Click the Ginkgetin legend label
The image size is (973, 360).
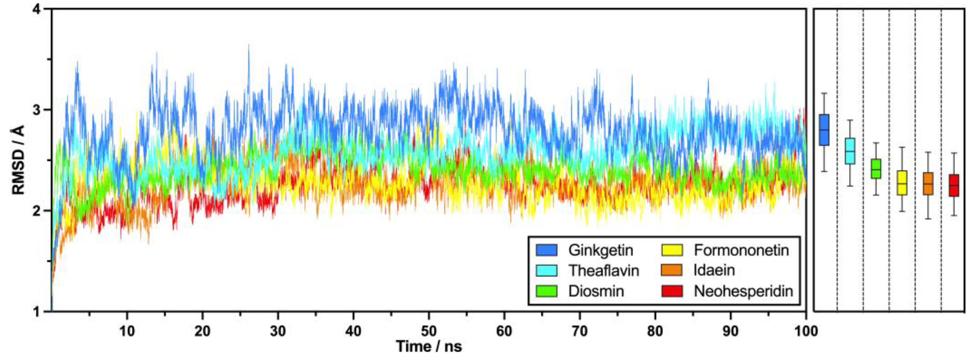pos(600,250)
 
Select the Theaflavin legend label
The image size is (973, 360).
pos(603,271)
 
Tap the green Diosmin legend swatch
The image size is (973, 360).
pos(546,291)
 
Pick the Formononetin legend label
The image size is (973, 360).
pos(741,250)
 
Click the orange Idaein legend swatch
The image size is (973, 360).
pos(672,271)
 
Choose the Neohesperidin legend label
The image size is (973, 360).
pos(743,291)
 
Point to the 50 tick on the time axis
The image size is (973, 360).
pos(429,331)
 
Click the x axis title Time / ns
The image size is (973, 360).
pos(429,346)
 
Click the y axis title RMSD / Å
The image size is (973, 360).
pos(18,160)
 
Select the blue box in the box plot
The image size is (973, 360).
pos(824,130)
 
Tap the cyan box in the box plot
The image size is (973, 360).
pos(850,151)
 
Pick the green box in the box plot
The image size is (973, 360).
pos(876,169)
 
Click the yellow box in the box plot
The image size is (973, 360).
pos(902,183)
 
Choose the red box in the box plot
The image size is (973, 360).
pos(954,185)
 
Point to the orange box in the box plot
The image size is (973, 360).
pos(928,184)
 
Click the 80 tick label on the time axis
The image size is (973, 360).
pos(655,331)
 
